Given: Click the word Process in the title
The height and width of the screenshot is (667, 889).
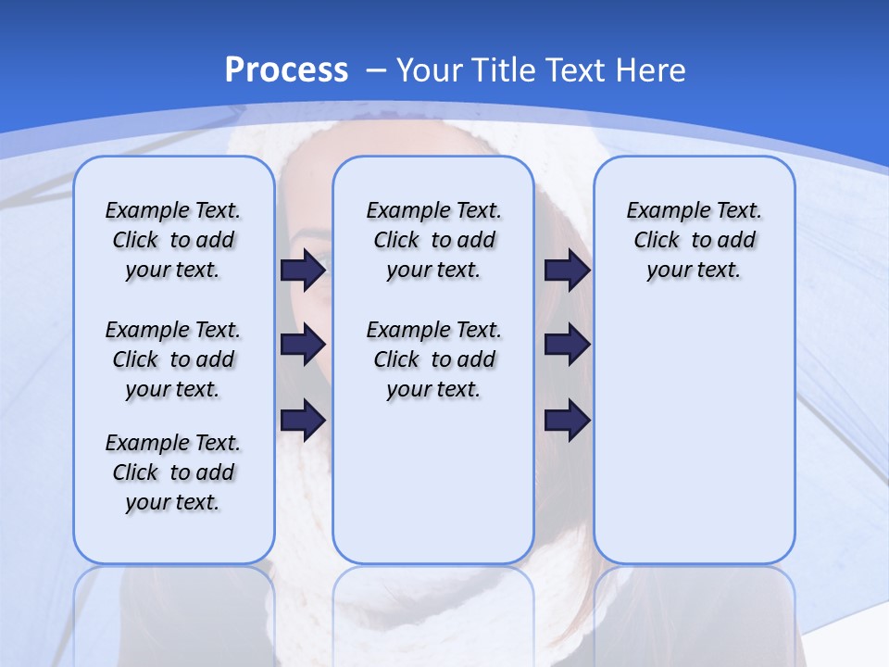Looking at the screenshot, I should (286, 69).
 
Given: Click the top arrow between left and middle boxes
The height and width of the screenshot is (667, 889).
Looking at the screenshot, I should (303, 271).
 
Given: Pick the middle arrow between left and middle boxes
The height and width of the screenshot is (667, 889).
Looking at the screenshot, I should (303, 345).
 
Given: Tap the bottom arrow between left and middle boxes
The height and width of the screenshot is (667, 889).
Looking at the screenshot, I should (303, 420).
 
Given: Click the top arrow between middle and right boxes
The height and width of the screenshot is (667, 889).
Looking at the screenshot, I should (567, 271).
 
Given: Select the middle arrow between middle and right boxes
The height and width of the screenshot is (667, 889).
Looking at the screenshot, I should (567, 345).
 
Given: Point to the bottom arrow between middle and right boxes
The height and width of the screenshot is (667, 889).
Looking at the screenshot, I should (567, 420).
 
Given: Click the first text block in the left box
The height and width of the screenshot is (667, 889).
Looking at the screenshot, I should (173, 240).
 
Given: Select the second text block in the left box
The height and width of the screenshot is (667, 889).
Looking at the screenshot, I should (173, 359).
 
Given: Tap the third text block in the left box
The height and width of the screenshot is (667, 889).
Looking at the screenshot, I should (173, 472).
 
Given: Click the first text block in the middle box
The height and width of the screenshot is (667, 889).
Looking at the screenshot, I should (433, 240).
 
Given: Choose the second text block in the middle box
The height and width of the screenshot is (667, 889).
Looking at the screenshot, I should (433, 359).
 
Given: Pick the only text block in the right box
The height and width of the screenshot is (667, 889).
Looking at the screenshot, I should (694, 240).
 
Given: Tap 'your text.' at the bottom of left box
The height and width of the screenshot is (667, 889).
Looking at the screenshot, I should (173, 502).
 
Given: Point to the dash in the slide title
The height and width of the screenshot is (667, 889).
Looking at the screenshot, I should (376, 69).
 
